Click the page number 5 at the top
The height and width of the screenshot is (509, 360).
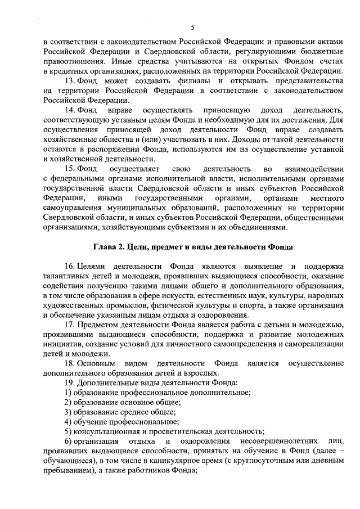tap(192, 28)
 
